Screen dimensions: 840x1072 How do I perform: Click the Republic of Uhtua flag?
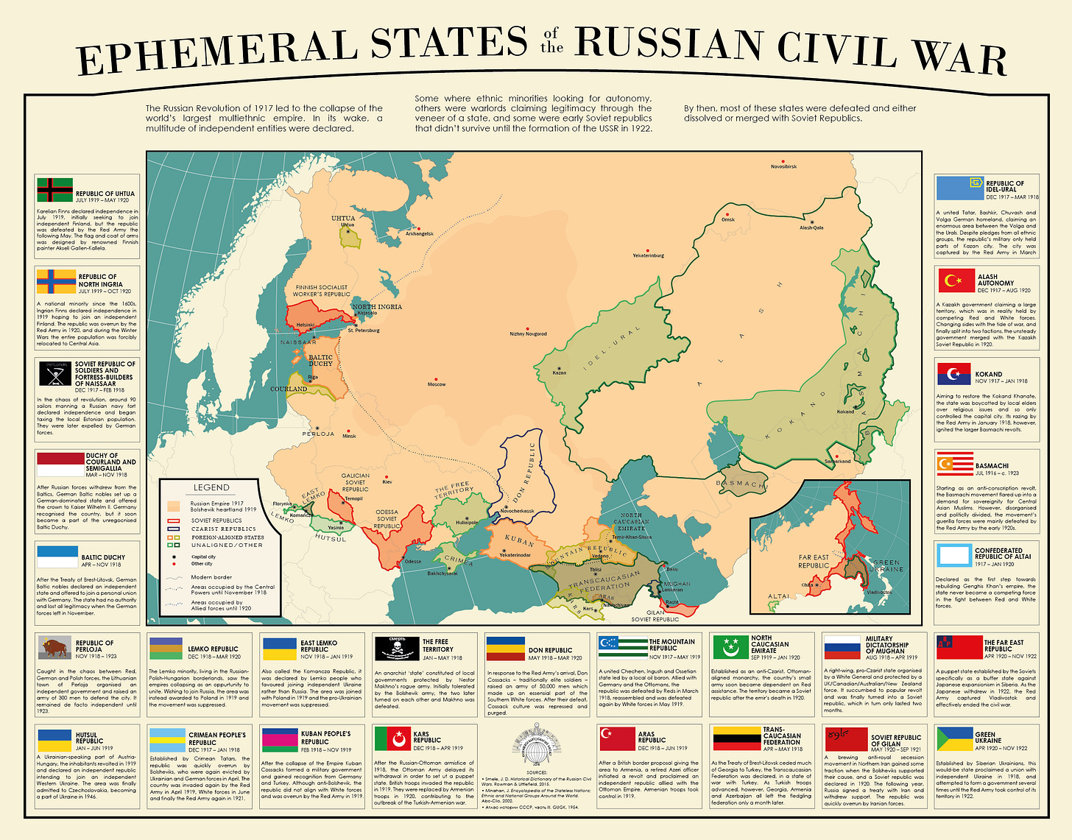[55, 189]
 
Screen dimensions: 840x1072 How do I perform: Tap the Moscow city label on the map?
[437, 384]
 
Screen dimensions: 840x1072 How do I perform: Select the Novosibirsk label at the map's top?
[783, 167]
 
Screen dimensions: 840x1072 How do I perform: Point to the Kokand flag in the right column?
[954, 374]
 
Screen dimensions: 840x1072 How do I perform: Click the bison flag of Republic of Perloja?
[55, 647]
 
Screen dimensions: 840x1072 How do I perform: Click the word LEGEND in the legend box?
[211, 487]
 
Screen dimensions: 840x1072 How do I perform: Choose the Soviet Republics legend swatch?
[174, 520]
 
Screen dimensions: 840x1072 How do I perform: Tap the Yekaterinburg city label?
[648, 255]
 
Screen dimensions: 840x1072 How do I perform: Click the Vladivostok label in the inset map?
[878, 592]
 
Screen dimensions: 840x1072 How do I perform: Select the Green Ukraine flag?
[954, 738]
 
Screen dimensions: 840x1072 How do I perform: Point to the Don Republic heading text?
[550, 651]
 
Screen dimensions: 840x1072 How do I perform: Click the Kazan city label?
[560, 373]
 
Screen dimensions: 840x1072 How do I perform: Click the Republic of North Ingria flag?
[56, 280]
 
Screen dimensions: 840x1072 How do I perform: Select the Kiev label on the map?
[387, 482]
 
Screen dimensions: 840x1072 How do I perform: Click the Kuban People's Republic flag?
[280, 738]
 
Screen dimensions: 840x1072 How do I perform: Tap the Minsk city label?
[349, 436]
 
